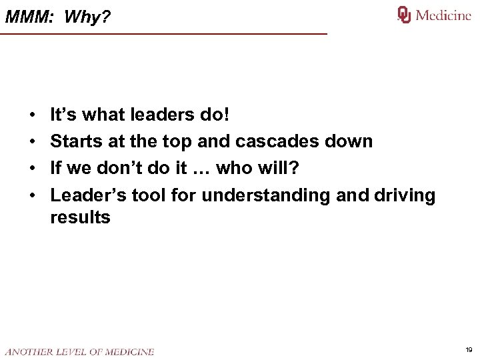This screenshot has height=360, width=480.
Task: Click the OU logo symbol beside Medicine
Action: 404,15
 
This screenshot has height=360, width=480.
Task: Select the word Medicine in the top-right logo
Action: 443,15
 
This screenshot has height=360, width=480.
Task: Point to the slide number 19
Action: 469,349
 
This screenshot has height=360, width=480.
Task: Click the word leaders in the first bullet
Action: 165,115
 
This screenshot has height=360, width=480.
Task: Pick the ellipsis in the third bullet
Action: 201,169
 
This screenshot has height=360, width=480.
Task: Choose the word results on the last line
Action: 80,217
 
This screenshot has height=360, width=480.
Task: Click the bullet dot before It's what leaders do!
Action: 32,116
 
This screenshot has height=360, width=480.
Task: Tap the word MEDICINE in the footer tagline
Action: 129,351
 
